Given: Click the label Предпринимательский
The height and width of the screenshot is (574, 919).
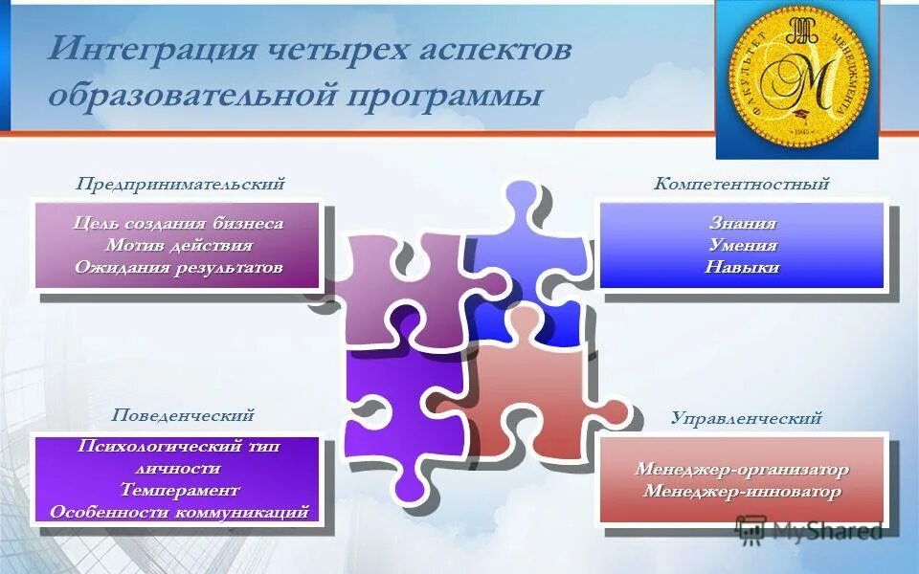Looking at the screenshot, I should (x=181, y=184).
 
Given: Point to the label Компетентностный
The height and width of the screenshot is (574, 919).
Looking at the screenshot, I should (x=741, y=184).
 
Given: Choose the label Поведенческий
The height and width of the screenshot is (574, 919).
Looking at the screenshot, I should (x=182, y=415).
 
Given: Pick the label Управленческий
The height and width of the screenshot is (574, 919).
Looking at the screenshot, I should (x=746, y=418).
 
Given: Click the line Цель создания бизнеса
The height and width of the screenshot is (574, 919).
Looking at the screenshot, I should (x=179, y=223).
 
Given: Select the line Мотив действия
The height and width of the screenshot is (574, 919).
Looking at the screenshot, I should (x=179, y=245).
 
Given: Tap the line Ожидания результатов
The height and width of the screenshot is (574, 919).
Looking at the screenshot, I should (x=179, y=267).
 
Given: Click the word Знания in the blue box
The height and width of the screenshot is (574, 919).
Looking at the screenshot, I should (x=742, y=223).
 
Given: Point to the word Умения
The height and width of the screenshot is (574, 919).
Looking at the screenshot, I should (x=742, y=245).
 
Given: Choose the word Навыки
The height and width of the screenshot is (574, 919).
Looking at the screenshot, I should (x=742, y=267).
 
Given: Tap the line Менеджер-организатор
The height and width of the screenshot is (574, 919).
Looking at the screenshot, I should (x=742, y=470).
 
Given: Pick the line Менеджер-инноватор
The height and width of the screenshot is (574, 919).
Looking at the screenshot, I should (x=742, y=492).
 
